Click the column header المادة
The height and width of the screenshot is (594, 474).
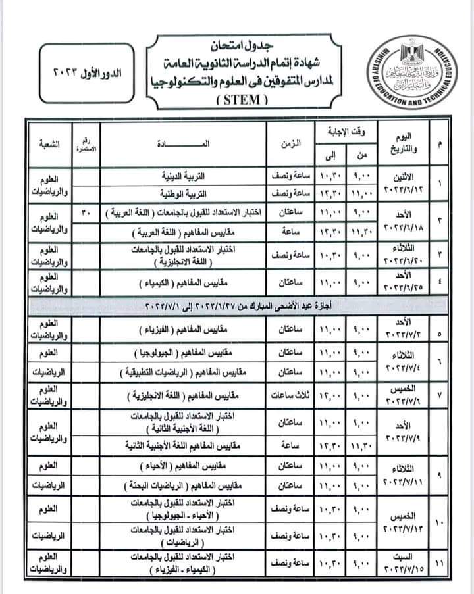click(181, 143)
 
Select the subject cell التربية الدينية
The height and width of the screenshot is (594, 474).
click(184, 177)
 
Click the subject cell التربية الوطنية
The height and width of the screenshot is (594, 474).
click(184, 195)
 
